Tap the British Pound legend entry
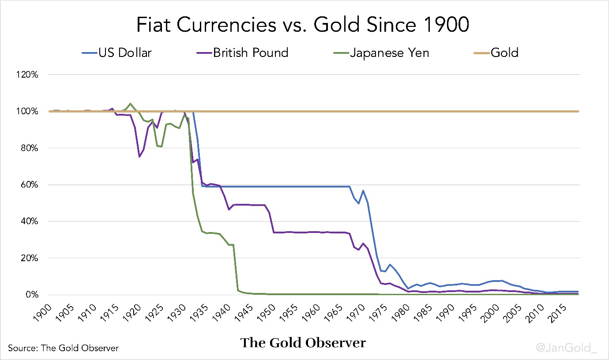[250, 53]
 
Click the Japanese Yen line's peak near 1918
[130, 104]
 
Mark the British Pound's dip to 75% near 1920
[139, 157]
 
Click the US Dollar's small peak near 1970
[363, 191]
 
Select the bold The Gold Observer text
[303, 343]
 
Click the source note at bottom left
[63, 348]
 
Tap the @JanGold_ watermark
[566, 348]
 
